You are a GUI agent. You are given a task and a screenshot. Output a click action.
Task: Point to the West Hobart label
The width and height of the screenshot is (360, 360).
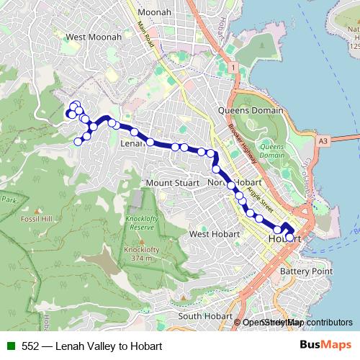coord(215,234)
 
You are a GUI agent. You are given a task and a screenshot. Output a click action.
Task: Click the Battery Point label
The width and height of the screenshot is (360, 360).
coord(306,271)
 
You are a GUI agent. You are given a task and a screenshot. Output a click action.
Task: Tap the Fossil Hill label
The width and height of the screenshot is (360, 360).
coord(35,218)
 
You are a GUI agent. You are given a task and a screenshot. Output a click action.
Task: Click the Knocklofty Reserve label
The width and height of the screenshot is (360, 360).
coord(142,222)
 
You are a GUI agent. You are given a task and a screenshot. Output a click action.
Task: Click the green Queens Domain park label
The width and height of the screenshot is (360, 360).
coord(271,150)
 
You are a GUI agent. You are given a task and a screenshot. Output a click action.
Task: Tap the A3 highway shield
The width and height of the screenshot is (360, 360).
coord(322,141)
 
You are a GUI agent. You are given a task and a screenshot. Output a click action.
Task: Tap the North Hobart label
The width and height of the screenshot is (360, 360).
coord(229,183)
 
